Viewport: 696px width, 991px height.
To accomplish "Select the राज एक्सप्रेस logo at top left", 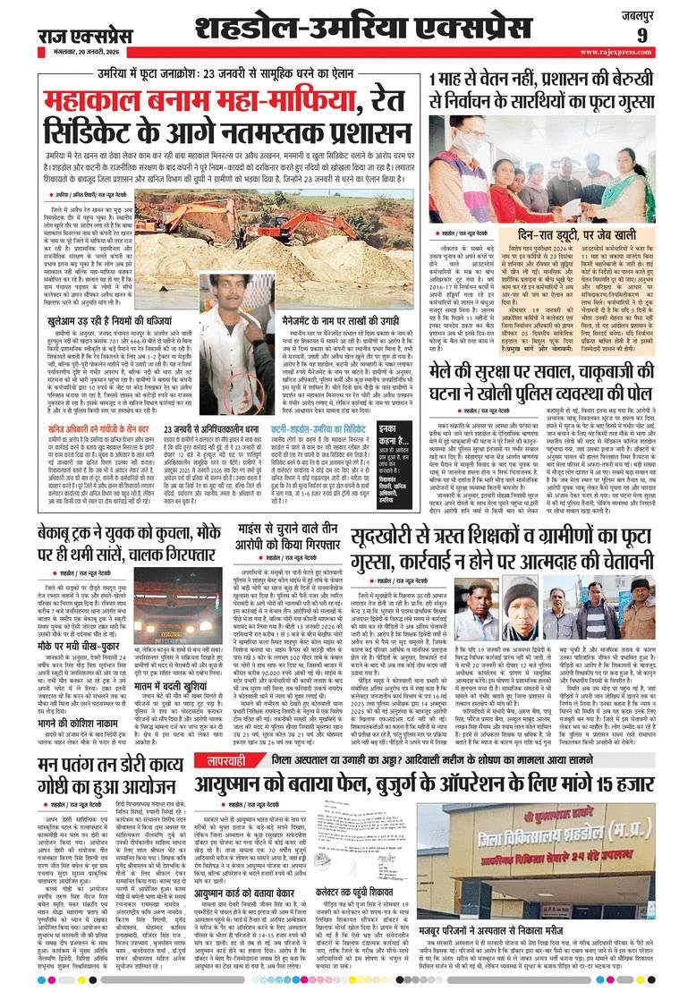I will pos(74,35).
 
